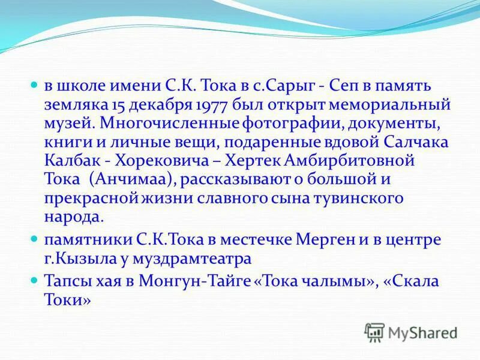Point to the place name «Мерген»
coord(325,240)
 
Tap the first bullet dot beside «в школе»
coord(34,86)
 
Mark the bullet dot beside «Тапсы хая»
coord(34,281)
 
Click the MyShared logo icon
coord(374,331)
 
